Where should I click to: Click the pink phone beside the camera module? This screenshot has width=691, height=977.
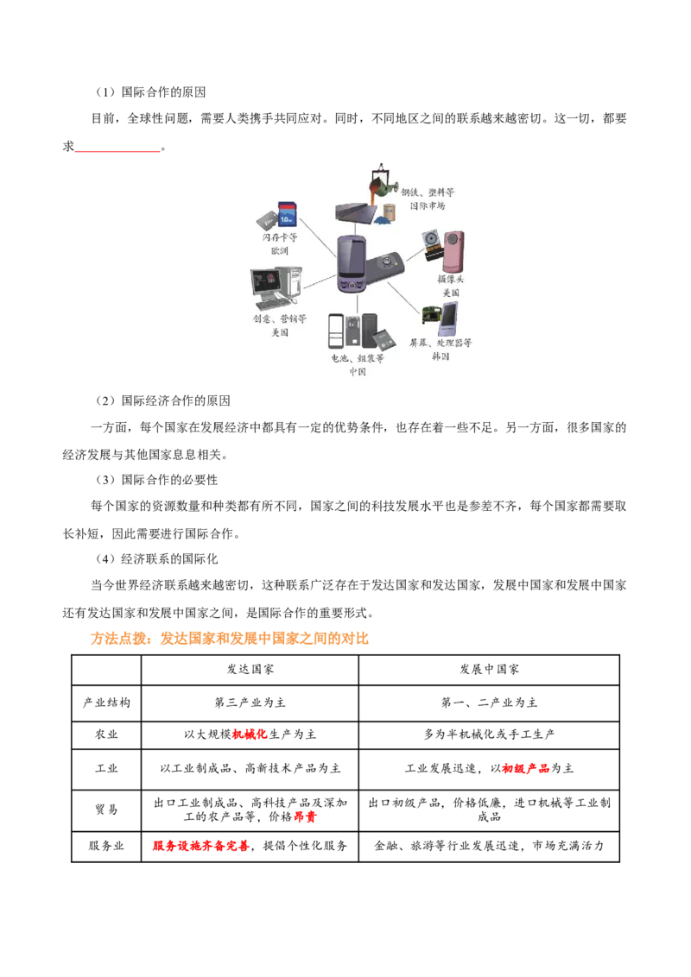pyautogui.click(x=453, y=251)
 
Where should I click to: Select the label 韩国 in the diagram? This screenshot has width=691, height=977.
pyautogui.click(x=441, y=356)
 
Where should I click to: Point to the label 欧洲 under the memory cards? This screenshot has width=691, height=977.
pyautogui.click(x=279, y=250)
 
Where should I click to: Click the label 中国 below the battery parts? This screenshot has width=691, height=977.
pyautogui.click(x=358, y=371)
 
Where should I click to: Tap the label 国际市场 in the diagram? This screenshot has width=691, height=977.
pyautogui.click(x=428, y=205)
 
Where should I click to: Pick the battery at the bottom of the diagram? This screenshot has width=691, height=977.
pyautogui.click(x=383, y=339)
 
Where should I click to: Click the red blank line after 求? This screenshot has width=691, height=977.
pyautogui.click(x=117, y=151)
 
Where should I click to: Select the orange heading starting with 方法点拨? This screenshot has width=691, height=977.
pyautogui.click(x=230, y=638)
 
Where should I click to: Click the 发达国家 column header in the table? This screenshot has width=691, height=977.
pyautogui.click(x=250, y=669)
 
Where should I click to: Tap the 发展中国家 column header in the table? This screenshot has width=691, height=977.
pyautogui.click(x=490, y=669)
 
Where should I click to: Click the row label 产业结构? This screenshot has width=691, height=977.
pyautogui.click(x=106, y=703)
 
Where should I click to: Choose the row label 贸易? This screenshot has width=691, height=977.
pyautogui.click(x=106, y=810)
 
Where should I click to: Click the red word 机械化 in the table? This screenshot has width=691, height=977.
pyautogui.click(x=250, y=734)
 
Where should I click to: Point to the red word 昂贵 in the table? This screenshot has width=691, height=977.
pyautogui.click(x=305, y=816)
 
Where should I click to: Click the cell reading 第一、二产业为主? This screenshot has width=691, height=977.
pyautogui.click(x=490, y=703)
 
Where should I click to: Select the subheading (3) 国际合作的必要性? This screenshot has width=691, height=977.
pyautogui.click(x=155, y=480)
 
